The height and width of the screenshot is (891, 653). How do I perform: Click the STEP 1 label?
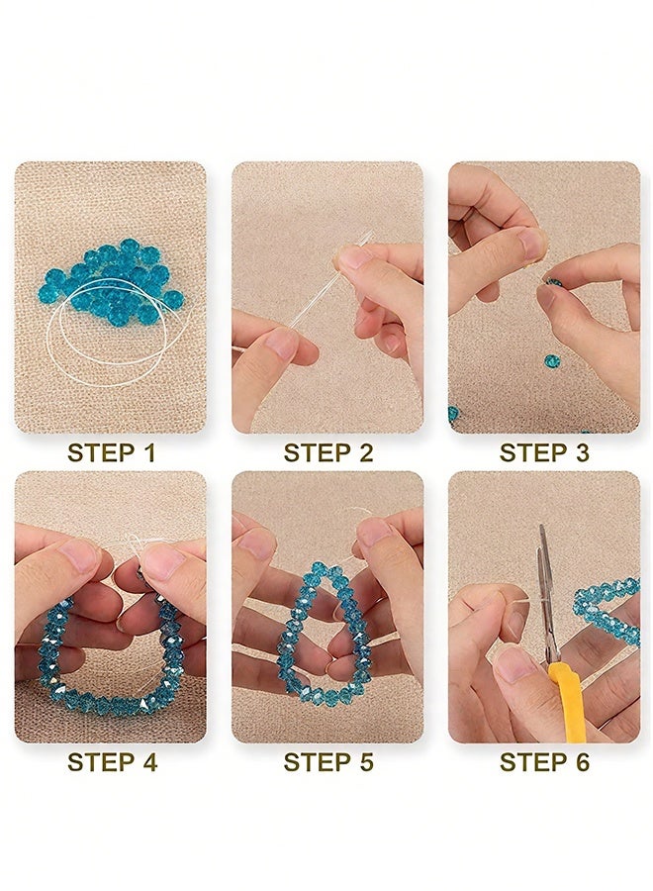pos(111,453)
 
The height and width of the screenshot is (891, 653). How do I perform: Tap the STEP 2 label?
pos(328,453)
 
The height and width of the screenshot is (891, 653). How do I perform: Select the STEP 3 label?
pos(544,453)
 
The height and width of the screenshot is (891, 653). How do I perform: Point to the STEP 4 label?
pos(112,762)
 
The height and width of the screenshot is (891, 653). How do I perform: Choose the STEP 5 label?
pos(328,762)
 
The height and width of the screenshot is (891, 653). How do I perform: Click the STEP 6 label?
pos(544,762)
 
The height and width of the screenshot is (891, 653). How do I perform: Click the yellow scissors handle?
pos(566,702)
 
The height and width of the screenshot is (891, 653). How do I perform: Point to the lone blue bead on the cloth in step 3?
pos(551,359)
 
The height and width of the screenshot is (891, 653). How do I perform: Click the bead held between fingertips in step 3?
pos(554,282)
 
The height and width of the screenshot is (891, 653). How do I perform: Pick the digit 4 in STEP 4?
pos(148,762)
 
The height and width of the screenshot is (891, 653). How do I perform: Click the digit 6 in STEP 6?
pos(582,762)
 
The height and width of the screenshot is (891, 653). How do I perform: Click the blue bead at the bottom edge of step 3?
pos(452,413)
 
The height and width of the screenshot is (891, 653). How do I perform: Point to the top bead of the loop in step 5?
pos(320,567)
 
